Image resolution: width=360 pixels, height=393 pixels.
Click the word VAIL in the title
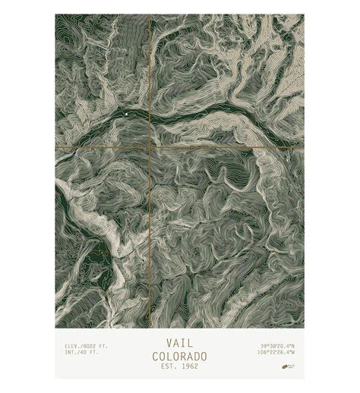(x=179, y=343)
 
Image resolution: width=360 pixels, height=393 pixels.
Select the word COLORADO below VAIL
(x=179, y=356)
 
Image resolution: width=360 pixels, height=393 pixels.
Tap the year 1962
(x=188, y=367)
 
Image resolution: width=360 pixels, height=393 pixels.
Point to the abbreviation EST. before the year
(x=168, y=367)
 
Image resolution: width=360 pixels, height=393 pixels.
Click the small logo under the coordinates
(x=289, y=364)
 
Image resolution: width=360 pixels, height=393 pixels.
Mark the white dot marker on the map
(x=126, y=115)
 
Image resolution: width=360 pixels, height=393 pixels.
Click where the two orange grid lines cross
(x=150, y=146)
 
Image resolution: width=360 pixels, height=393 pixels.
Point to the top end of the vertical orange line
(x=150, y=15)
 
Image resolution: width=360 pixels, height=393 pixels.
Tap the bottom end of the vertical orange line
(x=150, y=326)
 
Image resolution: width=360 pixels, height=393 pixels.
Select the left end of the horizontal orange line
(x=56, y=146)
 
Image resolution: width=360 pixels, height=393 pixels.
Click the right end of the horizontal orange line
(x=303, y=146)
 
